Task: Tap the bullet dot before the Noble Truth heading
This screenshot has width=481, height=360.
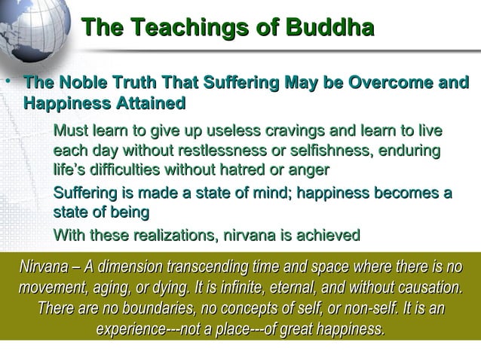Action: pyautogui.click(x=8, y=81)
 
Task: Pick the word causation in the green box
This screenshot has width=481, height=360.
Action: pyautogui.click(x=425, y=288)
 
